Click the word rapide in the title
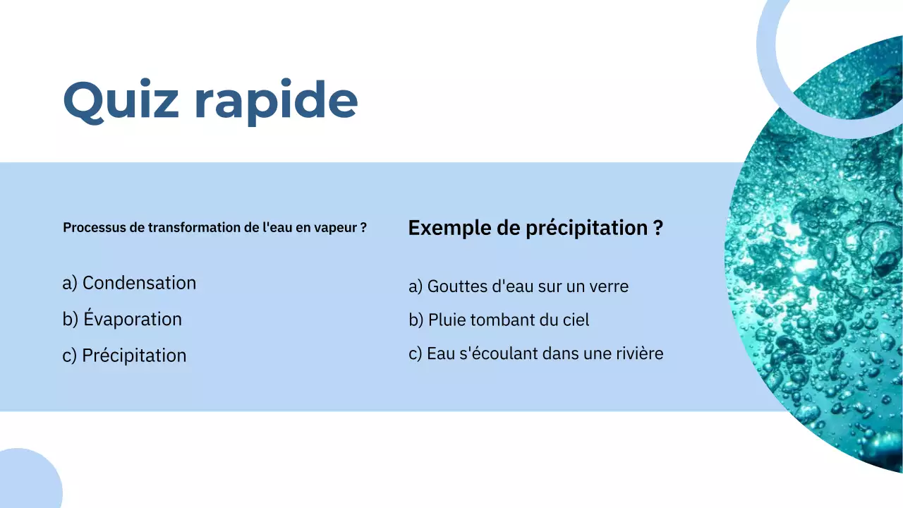pyautogui.click(x=276, y=100)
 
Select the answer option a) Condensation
pyautogui.click(x=129, y=283)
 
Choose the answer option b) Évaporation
pyautogui.click(x=122, y=319)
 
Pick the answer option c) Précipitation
pyautogui.click(x=124, y=355)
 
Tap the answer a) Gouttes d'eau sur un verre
pyautogui.click(x=518, y=286)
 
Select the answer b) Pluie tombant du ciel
pyautogui.click(x=499, y=320)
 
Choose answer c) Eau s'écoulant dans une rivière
pyautogui.click(x=535, y=353)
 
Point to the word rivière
pyautogui.click(x=638, y=353)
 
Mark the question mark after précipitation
pyautogui.click(x=657, y=228)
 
